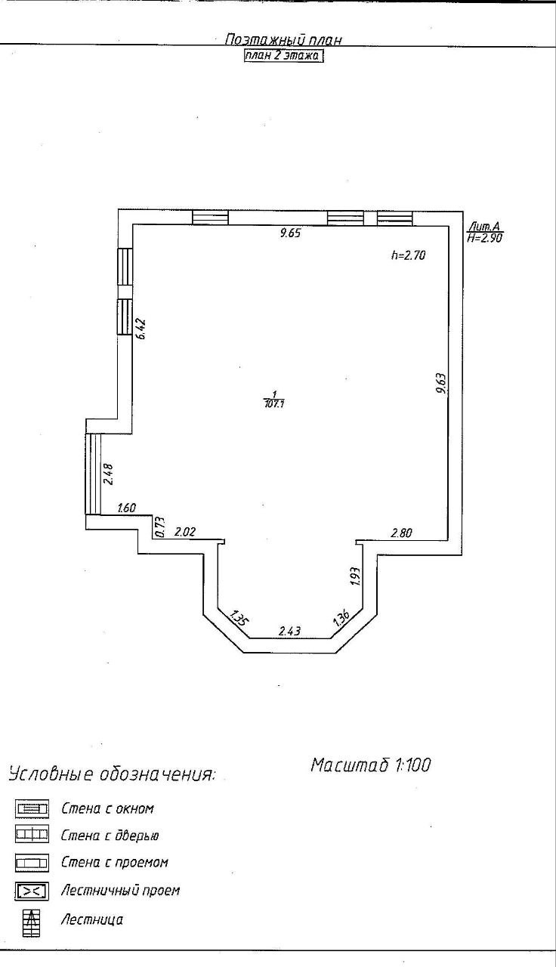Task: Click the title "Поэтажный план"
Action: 285,39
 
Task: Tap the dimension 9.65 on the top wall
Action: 290,233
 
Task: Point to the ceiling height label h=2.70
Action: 409,255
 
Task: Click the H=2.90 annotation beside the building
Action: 485,237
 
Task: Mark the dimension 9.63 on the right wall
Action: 441,383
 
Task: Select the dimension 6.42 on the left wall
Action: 141,329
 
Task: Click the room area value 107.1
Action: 273,404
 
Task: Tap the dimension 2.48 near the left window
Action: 108,474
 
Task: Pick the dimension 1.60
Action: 126,508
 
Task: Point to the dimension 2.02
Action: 185,533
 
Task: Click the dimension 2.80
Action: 401,533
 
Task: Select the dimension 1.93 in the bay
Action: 356,576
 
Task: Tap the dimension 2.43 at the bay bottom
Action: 290,631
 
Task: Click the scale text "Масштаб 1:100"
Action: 370,765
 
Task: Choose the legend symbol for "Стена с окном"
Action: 32,809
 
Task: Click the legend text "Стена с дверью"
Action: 110,836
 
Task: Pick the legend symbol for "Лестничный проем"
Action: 32,891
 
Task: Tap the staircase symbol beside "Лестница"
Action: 32,921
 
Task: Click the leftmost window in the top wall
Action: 209,218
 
